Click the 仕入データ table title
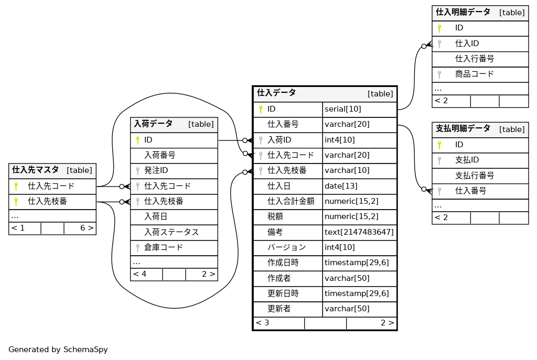point(276,93)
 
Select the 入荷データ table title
point(153,124)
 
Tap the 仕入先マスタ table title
point(36,170)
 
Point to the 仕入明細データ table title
point(463,12)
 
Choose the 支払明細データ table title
point(463,128)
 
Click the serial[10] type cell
point(343,109)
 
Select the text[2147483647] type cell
point(359,232)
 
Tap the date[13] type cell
point(341,186)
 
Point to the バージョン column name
point(286,247)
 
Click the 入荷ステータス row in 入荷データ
point(171,232)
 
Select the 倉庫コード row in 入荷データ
point(164,247)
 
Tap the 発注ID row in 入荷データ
point(156,170)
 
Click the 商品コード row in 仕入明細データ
point(474,74)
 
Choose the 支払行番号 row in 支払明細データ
point(474,175)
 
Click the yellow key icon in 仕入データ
point(261,109)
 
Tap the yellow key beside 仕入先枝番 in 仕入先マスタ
point(16,201)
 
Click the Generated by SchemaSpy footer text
point(58,350)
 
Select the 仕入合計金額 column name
point(291,201)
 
